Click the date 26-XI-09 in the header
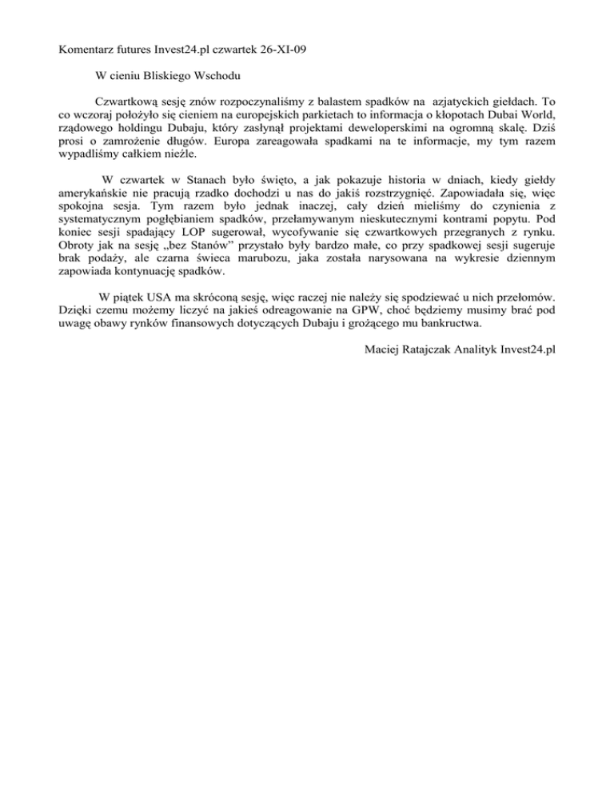pos(281,50)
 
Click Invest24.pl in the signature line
pos(522,348)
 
